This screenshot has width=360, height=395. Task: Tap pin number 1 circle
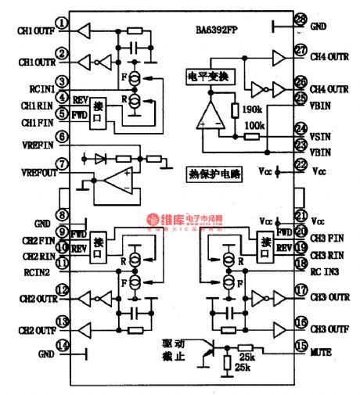click(x=82, y=31)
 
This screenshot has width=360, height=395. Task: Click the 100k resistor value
click(x=254, y=124)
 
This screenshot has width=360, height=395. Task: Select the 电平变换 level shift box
click(x=206, y=77)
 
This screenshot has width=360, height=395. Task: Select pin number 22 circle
click(x=301, y=164)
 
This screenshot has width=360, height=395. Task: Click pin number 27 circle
click(x=301, y=52)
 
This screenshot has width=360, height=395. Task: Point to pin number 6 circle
click(x=82, y=136)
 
